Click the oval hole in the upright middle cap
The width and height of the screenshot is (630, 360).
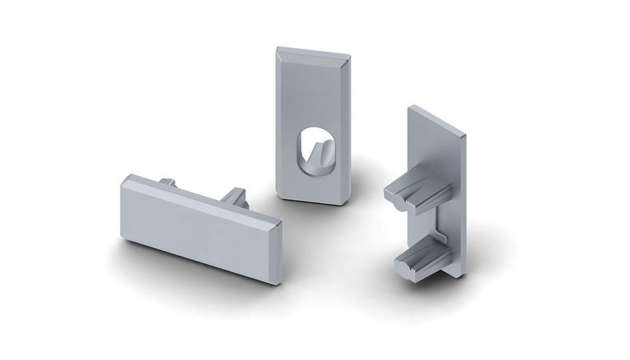[312, 151]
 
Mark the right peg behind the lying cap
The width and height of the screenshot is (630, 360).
[236, 197]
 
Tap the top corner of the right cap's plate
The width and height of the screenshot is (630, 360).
[410, 106]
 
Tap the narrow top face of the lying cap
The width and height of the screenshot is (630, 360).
[199, 192]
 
